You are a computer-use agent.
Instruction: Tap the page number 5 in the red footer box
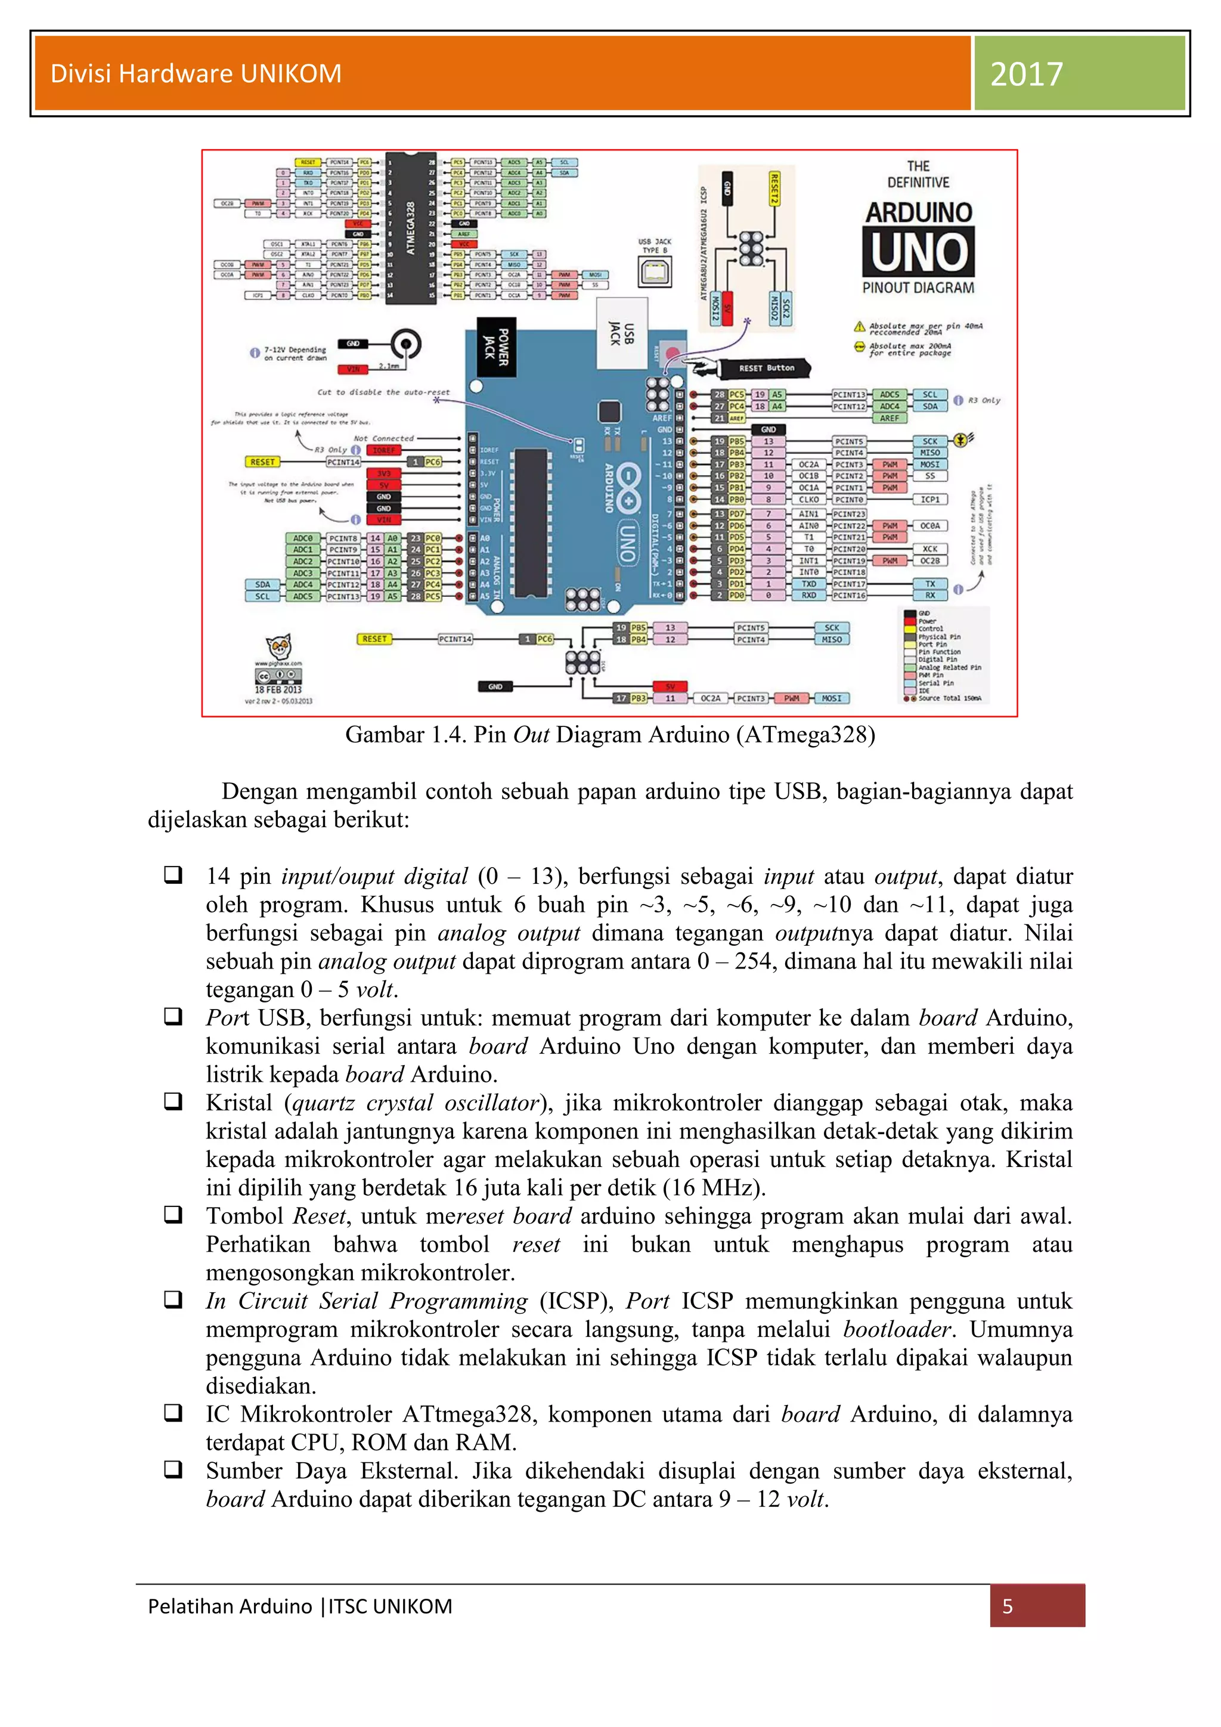coord(1008,1606)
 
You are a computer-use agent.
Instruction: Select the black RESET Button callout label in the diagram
coord(766,368)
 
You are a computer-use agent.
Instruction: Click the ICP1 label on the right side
coord(930,500)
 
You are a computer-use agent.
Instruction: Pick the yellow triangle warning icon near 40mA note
coord(859,326)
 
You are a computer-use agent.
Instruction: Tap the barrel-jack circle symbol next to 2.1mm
coord(406,345)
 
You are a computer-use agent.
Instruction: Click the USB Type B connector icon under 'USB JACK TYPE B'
coord(654,271)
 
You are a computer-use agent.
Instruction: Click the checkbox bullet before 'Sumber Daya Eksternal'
coord(173,1468)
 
